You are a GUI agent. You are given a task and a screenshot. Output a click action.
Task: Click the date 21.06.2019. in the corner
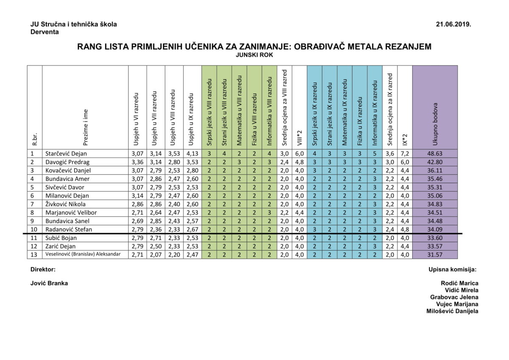[453, 25]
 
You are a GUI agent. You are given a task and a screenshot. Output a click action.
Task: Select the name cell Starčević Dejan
[66, 153]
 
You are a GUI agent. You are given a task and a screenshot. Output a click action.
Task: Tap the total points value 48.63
[435, 153]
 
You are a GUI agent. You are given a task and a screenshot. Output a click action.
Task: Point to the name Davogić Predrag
[67, 162]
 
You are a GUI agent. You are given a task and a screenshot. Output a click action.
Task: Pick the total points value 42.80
[435, 162]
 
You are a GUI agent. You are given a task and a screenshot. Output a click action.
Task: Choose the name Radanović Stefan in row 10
[68, 229]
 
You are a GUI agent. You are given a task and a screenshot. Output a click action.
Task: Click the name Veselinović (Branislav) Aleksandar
[83, 254]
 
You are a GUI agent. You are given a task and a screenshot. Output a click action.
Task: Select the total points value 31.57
[435, 254]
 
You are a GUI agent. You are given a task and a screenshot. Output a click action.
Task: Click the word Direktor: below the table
[43, 269]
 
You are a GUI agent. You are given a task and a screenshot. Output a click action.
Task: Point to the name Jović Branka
[49, 283]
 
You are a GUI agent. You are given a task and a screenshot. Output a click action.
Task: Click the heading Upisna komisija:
[452, 269]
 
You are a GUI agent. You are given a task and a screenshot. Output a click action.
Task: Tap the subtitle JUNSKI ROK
[254, 55]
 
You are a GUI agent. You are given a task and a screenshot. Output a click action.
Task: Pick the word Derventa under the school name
[45, 32]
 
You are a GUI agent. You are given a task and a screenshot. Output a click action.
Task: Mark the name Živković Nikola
[65, 204]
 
